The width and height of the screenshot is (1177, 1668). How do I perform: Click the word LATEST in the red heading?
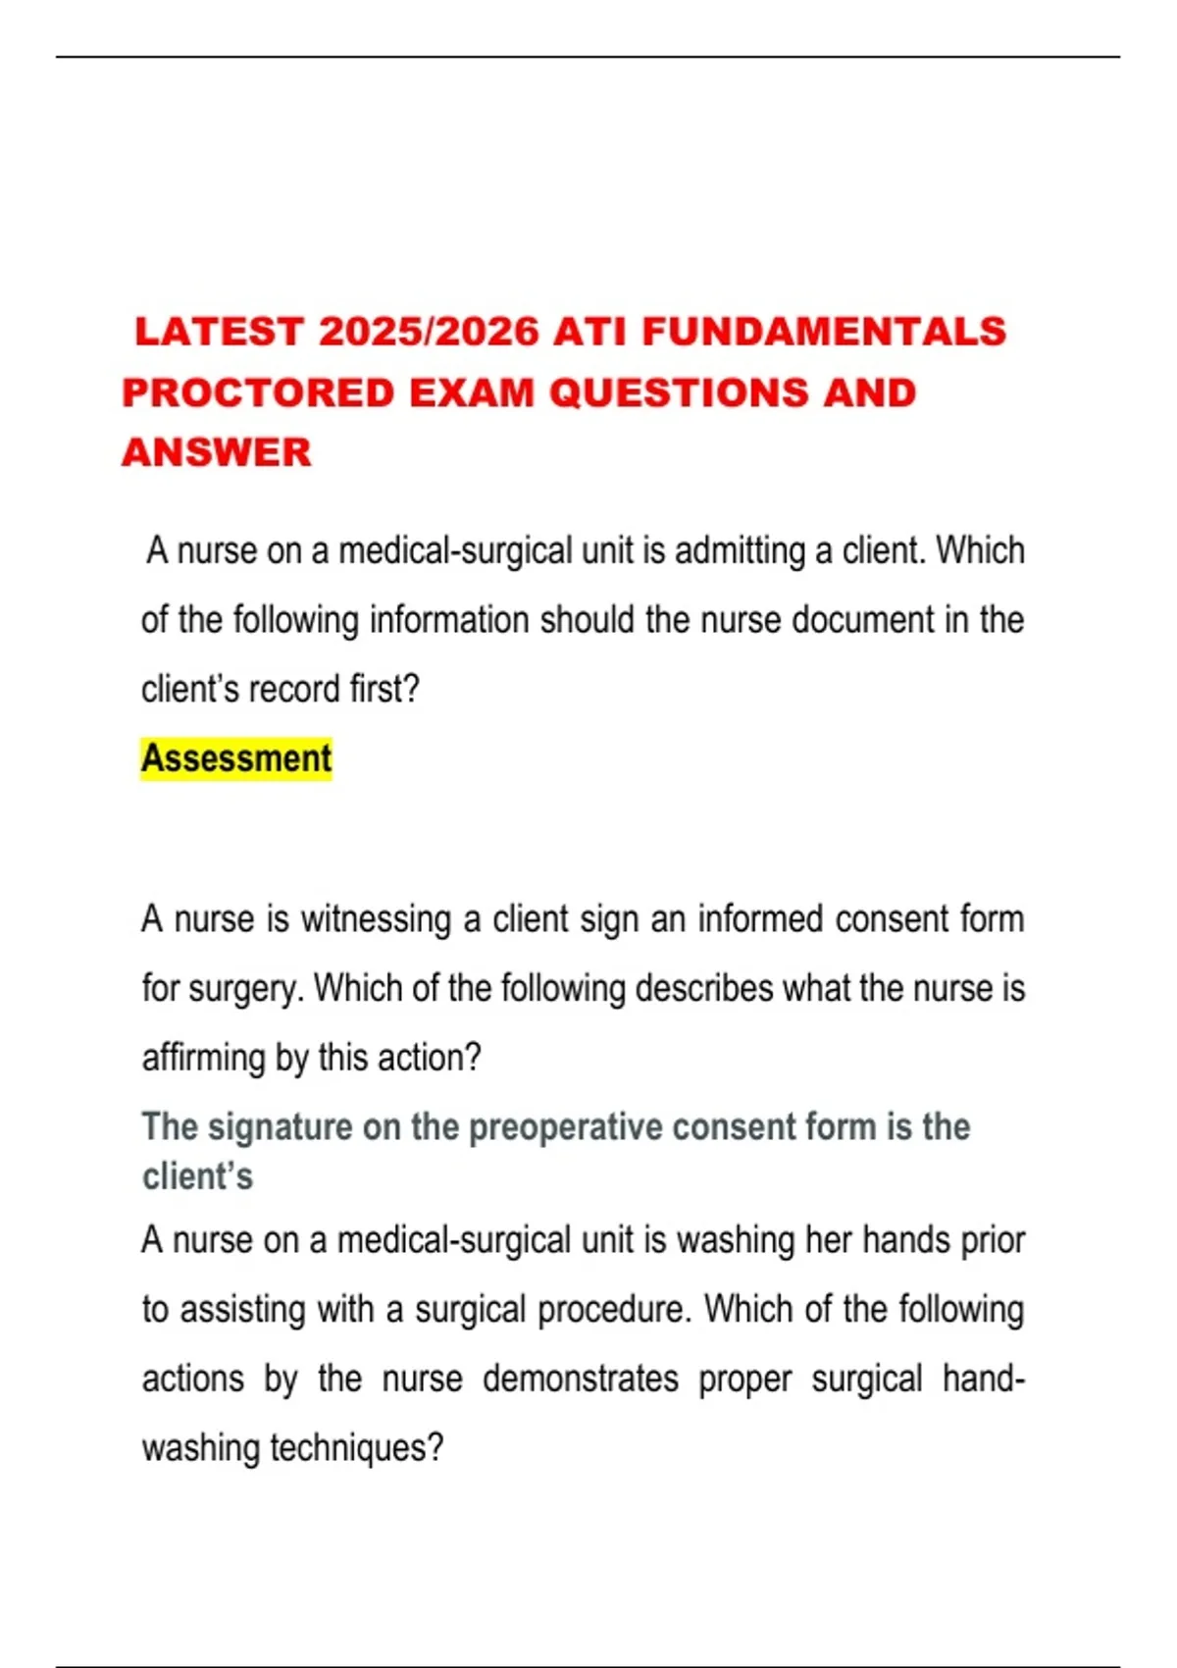tap(218, 332)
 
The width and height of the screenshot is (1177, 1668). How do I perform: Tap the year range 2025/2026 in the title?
tap(430, 332)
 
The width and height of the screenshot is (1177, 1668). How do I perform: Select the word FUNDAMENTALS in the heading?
tap(824, 332)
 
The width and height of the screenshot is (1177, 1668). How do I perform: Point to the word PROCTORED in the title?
tap(258, 393)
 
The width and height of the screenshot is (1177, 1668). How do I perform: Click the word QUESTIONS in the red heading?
tap(678, 393)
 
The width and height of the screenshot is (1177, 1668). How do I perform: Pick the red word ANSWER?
tap(217, 453)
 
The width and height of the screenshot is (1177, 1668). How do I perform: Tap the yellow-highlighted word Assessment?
tap(236, 758)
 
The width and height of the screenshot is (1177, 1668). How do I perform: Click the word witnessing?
tap(376, 919)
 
